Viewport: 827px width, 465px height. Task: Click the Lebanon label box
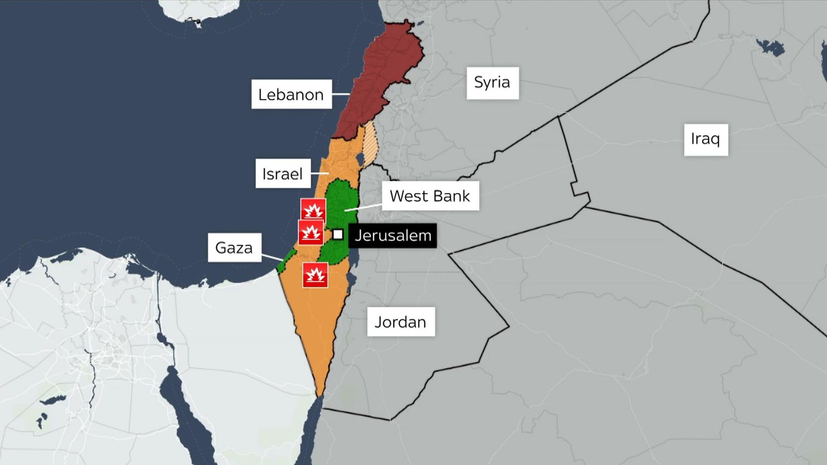coord(291,94)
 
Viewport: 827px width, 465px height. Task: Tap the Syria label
coord(492,82)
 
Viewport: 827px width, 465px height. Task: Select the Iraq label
coord(706,139)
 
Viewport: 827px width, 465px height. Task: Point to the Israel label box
coord(282,174)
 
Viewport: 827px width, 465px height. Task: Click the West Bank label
coord(430,196)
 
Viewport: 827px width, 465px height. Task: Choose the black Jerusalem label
coord(393,236)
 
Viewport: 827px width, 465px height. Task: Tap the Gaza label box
coord(234,247)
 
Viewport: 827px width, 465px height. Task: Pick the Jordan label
coord(401,322)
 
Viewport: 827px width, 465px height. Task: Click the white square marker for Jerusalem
coord(338,235)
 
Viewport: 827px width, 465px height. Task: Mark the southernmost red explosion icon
coord(315,275)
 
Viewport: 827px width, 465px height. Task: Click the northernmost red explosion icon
coord(313,210)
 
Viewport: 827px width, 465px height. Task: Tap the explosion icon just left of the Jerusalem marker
coord(311,233)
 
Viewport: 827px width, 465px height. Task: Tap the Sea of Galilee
coord(360,160)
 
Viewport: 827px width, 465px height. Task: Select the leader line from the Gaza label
coord(272,257)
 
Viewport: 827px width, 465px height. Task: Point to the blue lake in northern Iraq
coord(771,48)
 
